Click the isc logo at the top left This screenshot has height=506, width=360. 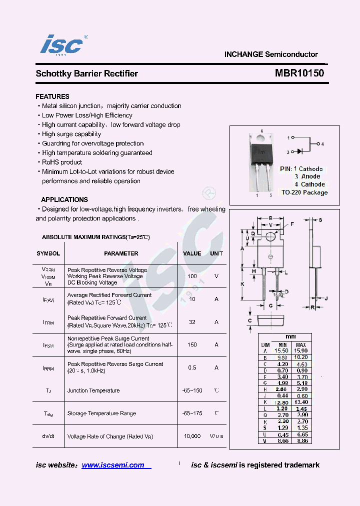point(61,45)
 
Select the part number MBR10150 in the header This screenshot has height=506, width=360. point(299,73)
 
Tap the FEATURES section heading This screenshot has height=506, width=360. point(52,96)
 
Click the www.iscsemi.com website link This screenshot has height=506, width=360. point(113,465)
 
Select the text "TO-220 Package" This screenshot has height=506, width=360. point(304,192)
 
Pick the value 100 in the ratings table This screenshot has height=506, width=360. point(192,276)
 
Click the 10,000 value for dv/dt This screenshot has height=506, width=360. point(192,436)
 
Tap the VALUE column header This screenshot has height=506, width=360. point(192,253)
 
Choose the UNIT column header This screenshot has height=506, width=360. point(216,253)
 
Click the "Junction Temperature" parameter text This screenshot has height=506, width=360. point(93,390)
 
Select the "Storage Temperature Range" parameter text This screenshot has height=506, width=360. point(101,413)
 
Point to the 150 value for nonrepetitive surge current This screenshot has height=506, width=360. point(192,344)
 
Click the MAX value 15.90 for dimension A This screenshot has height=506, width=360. point(301,351)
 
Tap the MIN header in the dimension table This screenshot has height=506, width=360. point(282,345)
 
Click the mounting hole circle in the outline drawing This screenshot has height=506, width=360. point(270,236)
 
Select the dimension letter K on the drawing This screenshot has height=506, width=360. point(242,283)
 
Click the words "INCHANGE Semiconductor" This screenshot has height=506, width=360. point(271,54)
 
